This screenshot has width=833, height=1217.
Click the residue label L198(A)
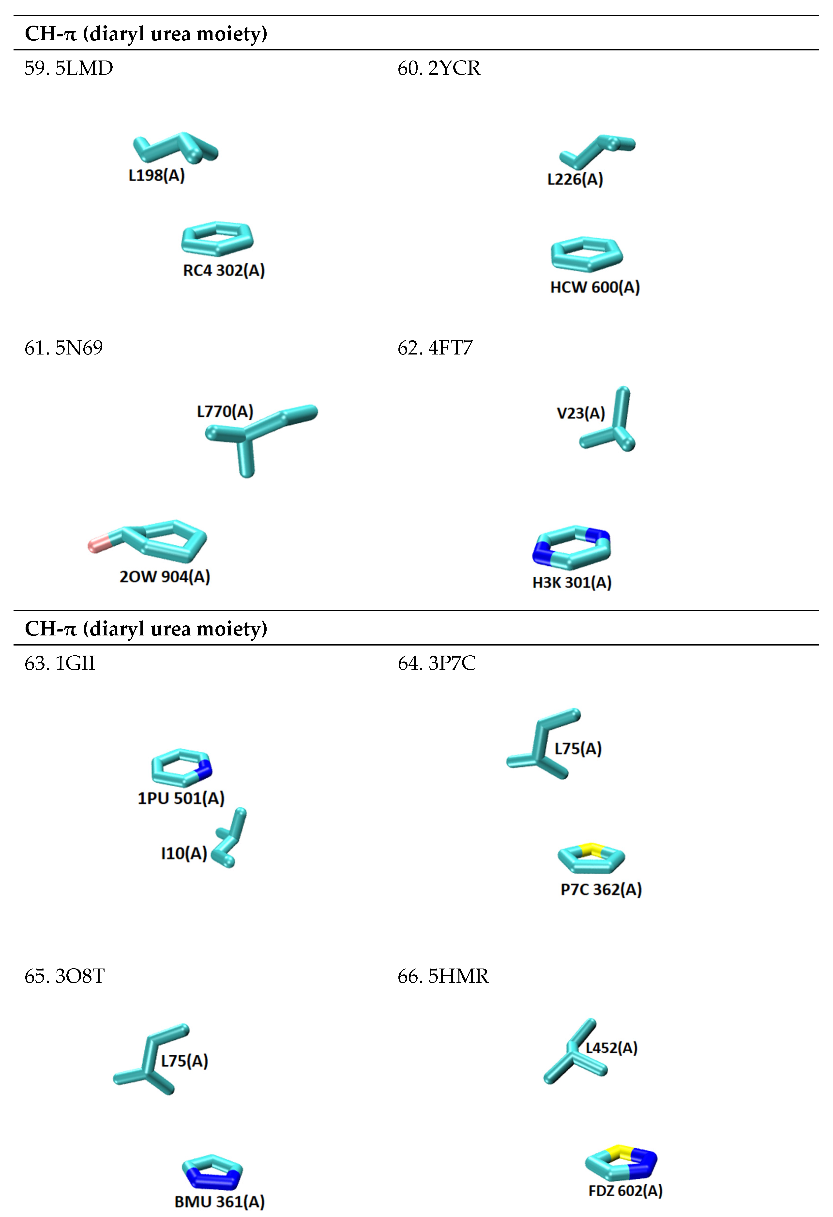(157, 175)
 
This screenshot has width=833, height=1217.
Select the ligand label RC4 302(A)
(224, 271)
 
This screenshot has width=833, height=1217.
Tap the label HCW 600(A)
(595, 288)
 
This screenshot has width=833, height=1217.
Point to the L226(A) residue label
(575, 180)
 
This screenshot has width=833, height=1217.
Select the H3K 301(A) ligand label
(572, 582)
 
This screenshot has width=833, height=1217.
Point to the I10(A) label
(184, 854)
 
